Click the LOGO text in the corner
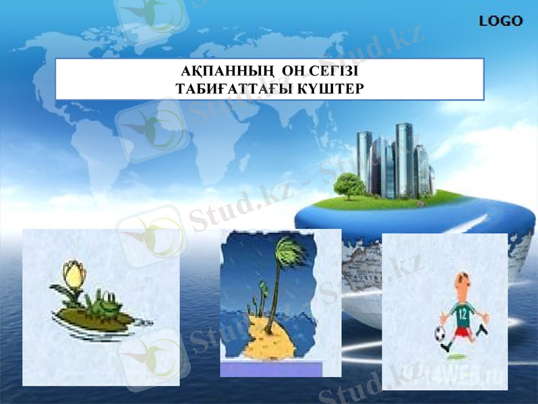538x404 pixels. click(500, 21)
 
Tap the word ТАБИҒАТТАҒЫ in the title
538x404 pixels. click(232, 88)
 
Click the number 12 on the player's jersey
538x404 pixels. click(462, 312)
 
